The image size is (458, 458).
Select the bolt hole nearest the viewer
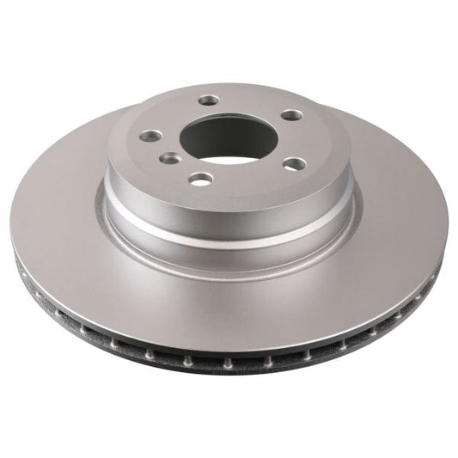(201, 179)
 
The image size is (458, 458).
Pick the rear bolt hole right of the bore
(291, 115)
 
